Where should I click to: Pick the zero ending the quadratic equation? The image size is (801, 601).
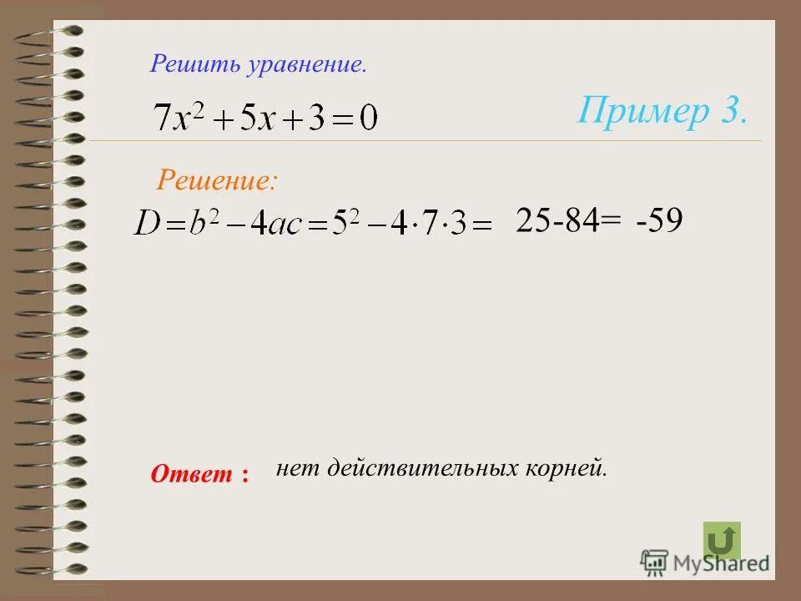coord(367,118)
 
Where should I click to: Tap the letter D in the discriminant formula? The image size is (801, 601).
coord(149,224)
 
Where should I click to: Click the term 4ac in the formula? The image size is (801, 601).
coord(281,224)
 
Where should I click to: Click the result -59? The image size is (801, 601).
coord(658,220)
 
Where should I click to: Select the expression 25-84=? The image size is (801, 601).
coord(568,220)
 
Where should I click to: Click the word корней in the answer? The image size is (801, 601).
coord(562,469)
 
